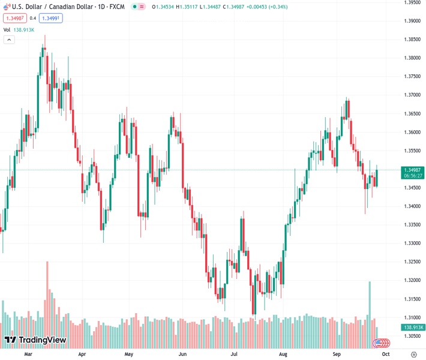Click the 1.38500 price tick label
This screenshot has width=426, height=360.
(x=412, y=40)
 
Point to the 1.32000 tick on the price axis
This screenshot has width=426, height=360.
(x=412, y=280)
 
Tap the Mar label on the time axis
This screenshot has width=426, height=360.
(x=28, y=355)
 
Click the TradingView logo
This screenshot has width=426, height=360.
(x=35, y=340)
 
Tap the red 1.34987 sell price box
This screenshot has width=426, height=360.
(x=15, y=18)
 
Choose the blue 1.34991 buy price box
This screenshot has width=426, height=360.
(x=51, y=18)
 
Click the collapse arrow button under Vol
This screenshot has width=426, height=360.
(x=9, y=40)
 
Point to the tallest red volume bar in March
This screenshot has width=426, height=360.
(x=47, y=294)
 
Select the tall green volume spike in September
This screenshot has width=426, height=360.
(x=370, y=300)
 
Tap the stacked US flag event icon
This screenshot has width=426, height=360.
(x=380, y=343)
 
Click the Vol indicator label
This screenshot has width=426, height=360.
(x=7, y=29)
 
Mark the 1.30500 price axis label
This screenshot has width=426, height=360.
(x=412, y=336)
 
